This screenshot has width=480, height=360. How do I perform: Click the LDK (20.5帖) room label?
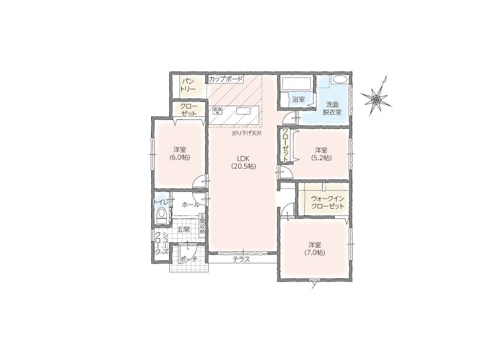tap(244, 163)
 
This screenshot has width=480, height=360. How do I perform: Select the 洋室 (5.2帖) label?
tap(321, 154)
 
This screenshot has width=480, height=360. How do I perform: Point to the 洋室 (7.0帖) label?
tap(314, 249)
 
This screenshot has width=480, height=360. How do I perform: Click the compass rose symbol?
tap(376, 98)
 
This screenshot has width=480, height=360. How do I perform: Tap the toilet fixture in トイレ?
tap(161, 215)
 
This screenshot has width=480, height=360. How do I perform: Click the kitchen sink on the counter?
tap(244, 111)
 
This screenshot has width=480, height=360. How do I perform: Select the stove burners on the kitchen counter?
tap(218, 110)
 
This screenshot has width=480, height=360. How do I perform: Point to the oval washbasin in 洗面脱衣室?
tap(340, 80)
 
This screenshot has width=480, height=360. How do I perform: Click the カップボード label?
tap(226, 79)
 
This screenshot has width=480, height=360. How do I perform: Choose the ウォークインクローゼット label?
tap(328, 202)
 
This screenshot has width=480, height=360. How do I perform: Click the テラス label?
tap(242, 259)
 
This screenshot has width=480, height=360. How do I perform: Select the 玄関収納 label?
tap(202, 224)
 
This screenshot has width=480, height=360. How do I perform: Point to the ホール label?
tap(190, 204)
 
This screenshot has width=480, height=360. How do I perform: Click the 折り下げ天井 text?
tap(247, 133)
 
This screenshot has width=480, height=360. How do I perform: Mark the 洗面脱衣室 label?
tap(332, 108)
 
